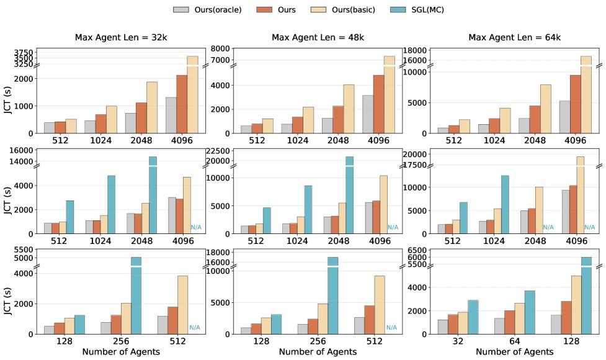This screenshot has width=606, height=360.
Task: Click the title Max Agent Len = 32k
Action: tap(121, 38)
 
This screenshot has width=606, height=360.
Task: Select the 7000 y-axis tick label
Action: tap(221, 60)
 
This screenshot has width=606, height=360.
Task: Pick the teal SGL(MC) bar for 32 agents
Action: tap(473, 317)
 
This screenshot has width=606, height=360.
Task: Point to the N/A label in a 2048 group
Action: tap(548, 227)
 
